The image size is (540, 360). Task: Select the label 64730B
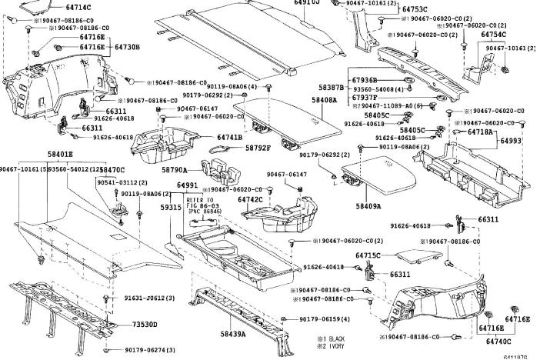point(128,47)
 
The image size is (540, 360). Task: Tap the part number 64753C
point(412,9)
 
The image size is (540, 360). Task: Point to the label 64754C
point(493,35)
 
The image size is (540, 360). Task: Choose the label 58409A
point(368,206)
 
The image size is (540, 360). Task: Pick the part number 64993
point(511,142)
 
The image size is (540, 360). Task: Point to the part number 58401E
point(59,155)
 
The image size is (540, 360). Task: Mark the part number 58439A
point(232,334)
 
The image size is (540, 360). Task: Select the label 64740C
point(498,341)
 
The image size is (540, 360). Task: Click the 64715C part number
point(368,255)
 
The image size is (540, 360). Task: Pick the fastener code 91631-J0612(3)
point(149,298)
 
